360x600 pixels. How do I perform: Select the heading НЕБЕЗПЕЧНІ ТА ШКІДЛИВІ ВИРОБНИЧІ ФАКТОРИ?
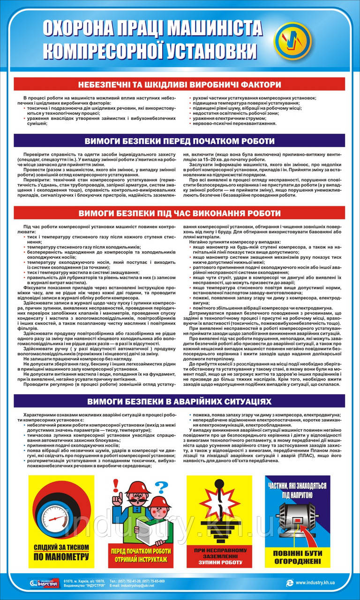(x=180, y=85)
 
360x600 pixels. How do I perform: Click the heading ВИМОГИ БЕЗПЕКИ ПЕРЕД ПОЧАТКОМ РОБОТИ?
(x=180, y=141)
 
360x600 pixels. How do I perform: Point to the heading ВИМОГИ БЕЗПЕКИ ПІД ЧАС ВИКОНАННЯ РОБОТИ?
(x=180, y=213)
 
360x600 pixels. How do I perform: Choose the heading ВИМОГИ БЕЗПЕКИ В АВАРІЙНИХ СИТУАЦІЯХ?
(x=180, y=402)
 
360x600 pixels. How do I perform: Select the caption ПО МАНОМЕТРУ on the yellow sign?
(x=61, y=557)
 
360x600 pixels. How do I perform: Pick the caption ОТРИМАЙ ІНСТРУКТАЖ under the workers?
(x=140, y=559)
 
